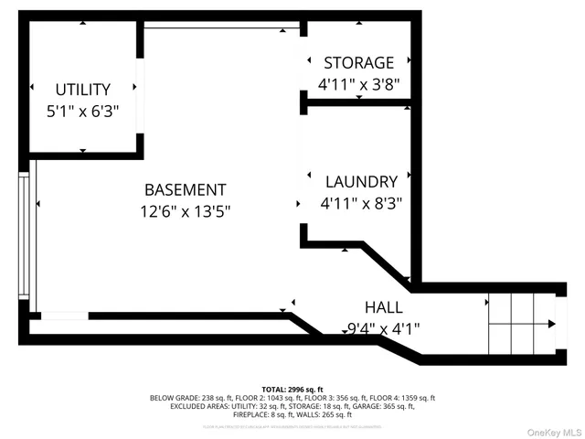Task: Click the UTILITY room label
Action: [82, 90]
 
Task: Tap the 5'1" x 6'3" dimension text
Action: [82, 111]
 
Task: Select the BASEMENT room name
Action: [185, 190]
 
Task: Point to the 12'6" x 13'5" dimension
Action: [185, 211]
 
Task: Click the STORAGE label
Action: [358, 63]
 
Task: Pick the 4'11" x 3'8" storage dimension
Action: [358, 84]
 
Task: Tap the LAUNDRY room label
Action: [360, 182]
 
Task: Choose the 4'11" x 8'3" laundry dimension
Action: [360, 203]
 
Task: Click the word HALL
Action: [383, 307]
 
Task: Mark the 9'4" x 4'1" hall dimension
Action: [383, 328]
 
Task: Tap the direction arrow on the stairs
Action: [549, 324]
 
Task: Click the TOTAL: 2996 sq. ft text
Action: [292, 390]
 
